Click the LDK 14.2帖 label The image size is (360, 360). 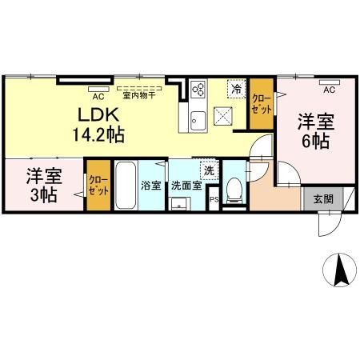tap(100, 123)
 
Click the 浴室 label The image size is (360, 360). tap(151, 186)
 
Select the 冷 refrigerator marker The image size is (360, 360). tap(236, 90)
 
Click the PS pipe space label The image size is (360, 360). tap(213, 200)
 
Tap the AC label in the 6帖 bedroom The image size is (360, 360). tap(329, 89)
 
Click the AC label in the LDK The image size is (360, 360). tap(98, 94)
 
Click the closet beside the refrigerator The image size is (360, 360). tap(261, 103)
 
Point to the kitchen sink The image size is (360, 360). tap(198, 120)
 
